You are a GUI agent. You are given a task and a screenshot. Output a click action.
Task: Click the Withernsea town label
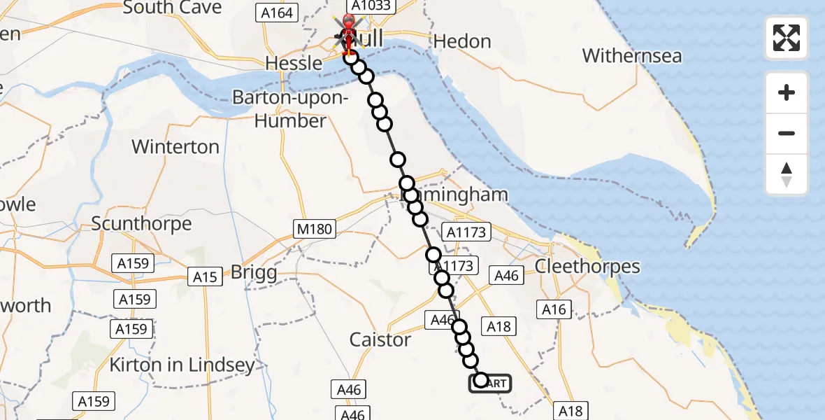[x=631, y=55]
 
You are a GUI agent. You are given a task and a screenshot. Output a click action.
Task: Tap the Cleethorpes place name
[x=587, y=267]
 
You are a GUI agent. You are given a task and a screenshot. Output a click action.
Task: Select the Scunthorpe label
[x=142, y=224]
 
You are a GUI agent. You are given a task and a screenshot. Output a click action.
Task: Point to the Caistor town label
[x=380, y=340]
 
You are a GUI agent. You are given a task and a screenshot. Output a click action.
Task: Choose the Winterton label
[x=175, y=147]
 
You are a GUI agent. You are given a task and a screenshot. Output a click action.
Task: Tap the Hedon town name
[x=462, y=41]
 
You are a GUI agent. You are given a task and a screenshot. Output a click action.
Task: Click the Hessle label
[x=294, y=63]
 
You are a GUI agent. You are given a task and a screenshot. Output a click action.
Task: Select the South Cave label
[x=172, y=8]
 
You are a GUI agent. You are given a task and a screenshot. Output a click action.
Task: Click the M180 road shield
[x=314, y=229]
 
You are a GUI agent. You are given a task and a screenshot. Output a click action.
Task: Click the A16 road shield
[x=553, y=309]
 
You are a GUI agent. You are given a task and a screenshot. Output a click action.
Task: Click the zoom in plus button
[x=787, y=93]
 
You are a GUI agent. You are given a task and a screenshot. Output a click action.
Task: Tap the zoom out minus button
[x=787, y=134]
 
